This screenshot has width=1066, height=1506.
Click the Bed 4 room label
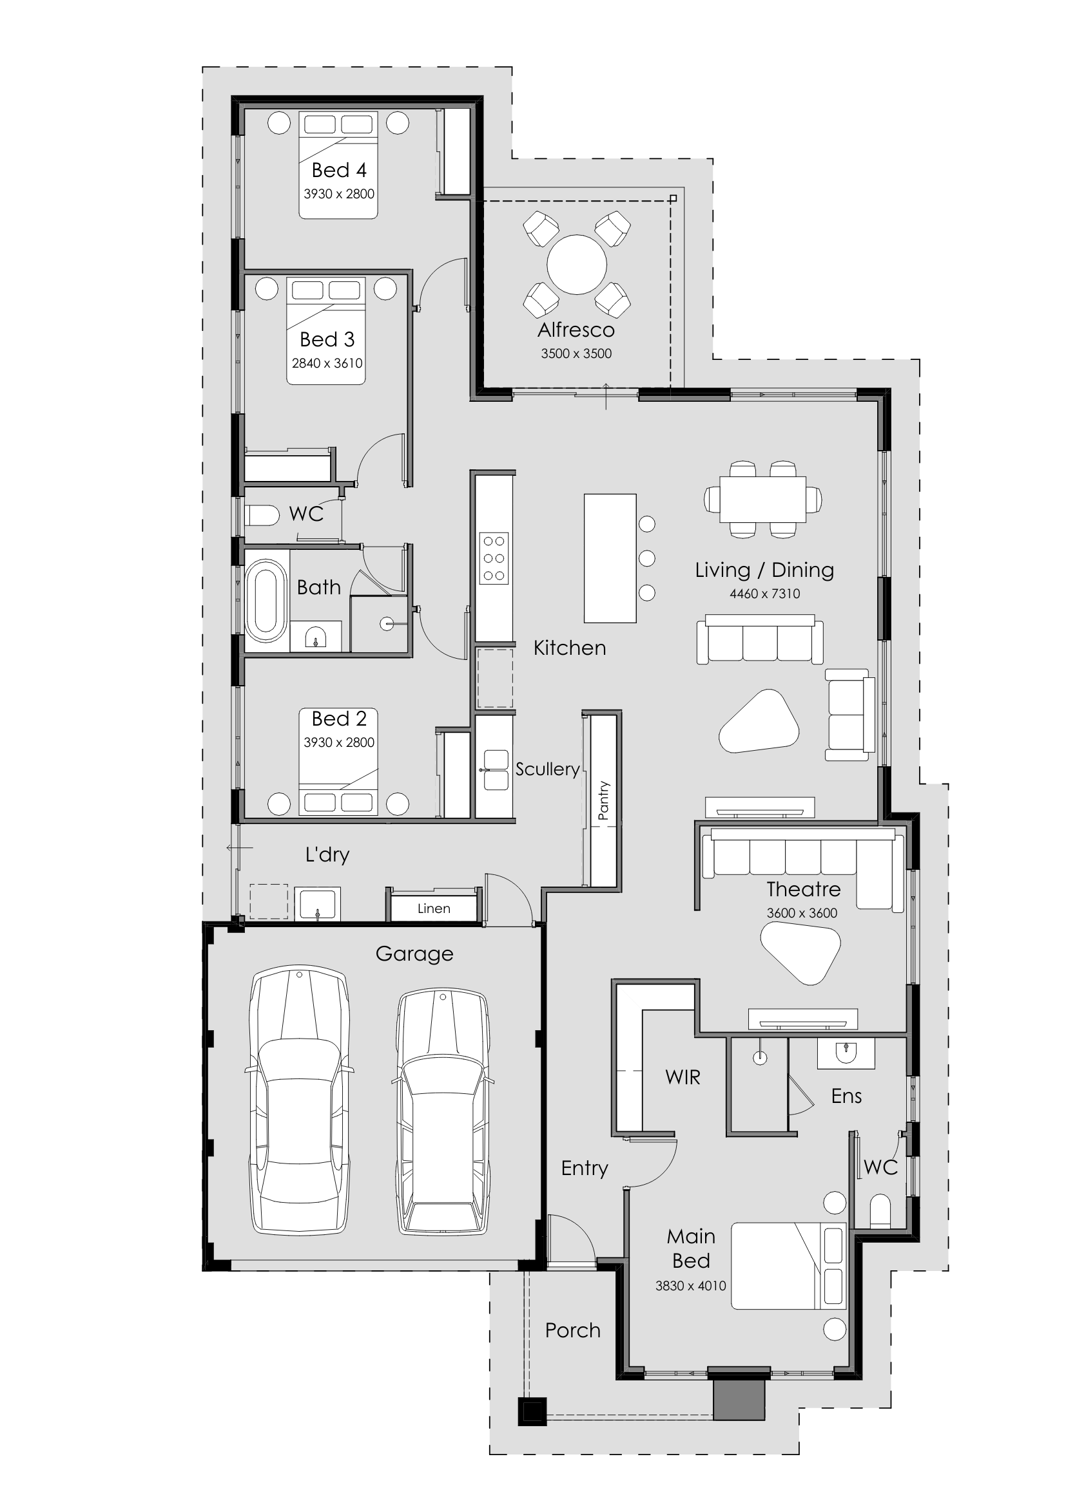click(339, 171)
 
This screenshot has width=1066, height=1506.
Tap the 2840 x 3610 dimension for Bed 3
click(327, 363)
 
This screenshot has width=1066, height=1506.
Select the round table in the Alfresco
click(576, 265)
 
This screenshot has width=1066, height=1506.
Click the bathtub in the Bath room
click(265, 599)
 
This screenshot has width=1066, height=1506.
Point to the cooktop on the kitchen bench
click(494, 558)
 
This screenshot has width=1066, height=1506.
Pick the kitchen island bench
click(610, 558)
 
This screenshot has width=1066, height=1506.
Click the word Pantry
click(603, 800)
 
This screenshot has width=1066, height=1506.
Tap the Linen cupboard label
click(434, 908)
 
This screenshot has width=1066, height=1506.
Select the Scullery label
click(547, 769)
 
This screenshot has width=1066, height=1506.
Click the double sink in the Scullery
click(496, 770)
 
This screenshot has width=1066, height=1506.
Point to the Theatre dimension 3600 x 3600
click(802, 913)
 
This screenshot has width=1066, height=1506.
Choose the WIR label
click(683, 1077)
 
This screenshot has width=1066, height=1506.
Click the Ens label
click(846, 1096)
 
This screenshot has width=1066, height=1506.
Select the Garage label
click(414, 954)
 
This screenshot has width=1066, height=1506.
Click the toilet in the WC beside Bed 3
click(262, 515)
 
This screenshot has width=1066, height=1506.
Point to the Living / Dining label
click(765, 570)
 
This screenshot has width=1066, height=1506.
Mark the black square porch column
click(532, 1412)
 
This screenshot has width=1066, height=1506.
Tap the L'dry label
click(327, 854)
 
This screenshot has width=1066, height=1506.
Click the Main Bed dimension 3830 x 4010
click(690, 1286)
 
